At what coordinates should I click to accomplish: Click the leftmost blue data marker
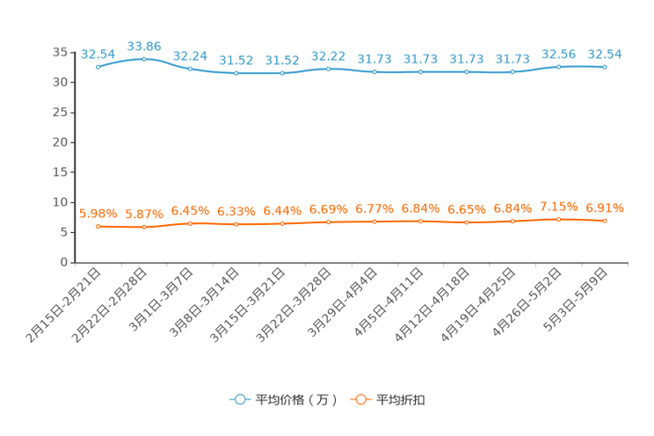[x=98, y=67]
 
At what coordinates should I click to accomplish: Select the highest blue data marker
[x=144, y=58]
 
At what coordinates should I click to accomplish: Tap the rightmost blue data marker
[x=605, y=67]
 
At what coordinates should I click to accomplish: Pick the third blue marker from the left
[x=190, y=69]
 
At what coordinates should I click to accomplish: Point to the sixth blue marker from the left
[x=328, y=68]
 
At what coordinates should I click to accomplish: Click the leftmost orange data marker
[x=98, y=227]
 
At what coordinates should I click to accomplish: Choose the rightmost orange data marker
[x=605, y=222]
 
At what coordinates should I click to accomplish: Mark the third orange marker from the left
[x=190, y=223]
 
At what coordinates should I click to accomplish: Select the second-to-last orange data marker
[x=558, y=219]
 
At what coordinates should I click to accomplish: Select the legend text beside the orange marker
[x=402, y=400]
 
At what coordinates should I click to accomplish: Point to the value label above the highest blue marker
[x=144, y=45]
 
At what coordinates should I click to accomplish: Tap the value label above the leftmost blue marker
[x=98, y=54]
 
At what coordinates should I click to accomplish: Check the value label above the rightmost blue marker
[x=605, y=54]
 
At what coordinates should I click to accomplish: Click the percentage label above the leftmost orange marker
[x=98, y=213]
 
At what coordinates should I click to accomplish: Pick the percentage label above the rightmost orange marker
[x=605, y=207]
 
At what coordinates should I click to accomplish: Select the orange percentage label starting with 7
[x=558, y=206]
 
